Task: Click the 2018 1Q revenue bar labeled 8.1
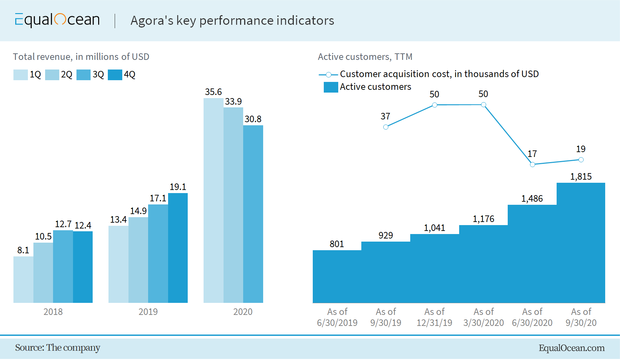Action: coord(23,279)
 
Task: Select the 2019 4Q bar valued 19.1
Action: coord(178,248)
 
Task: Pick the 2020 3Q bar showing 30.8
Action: coord(253,214)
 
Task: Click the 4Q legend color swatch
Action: coord(115,75)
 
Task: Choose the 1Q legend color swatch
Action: coord(21,75)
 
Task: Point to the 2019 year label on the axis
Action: coord(148,312)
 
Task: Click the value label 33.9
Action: coord(233,102)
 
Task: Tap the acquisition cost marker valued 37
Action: coord(386,127)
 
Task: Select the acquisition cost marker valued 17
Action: coord(533,165)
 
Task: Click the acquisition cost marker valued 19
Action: coord(581,160)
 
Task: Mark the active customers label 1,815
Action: coord(581,177)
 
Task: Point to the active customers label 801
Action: coord(337,244)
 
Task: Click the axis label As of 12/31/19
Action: coord(434,317)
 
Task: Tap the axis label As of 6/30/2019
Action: coord(337,317)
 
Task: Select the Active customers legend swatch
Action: coord(331,87)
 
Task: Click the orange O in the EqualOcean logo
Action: coord(60,19)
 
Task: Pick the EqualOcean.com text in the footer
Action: coord(571,348)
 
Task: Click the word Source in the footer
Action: coord(29,348)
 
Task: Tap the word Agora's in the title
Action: coord(152,21)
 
